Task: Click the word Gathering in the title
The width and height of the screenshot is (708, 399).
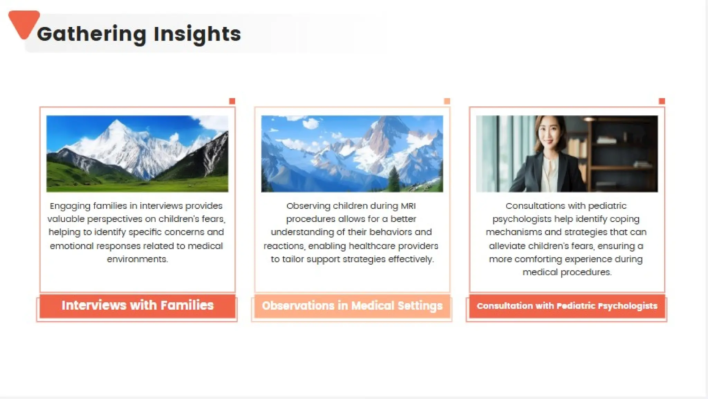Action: (x=92, y=34)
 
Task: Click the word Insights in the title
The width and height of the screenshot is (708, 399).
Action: (x=197, y=34)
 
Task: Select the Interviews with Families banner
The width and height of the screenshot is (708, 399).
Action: (x=137, y=305)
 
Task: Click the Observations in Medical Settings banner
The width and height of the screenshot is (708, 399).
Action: (x=352, y=305)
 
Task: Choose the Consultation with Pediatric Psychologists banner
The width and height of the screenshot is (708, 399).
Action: (x=567, y=306)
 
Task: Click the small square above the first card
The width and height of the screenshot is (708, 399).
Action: (x=232, y=101)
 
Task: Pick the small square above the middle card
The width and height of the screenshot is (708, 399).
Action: (x=447, y=101)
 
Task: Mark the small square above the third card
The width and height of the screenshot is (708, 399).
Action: (x=662, y=101)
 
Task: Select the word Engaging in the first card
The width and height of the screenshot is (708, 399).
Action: (x=70, y=206)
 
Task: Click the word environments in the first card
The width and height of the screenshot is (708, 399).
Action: (x=137, y=259)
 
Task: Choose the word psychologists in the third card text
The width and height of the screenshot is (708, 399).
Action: (x=522, y=220)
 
